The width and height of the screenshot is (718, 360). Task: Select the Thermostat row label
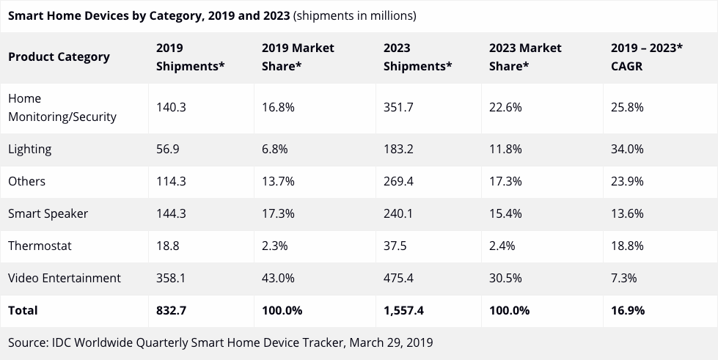40,246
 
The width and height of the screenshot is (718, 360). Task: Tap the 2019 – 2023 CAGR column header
646,56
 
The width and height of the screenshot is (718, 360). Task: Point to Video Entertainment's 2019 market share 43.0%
278,278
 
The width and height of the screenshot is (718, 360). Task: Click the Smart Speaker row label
48,213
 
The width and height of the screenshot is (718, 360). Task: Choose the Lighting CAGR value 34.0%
627,149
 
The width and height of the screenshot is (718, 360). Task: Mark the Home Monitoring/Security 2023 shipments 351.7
398,107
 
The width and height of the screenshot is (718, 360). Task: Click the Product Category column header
59,56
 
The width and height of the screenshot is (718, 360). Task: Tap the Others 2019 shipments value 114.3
171,181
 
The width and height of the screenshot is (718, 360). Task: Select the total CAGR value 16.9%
627,310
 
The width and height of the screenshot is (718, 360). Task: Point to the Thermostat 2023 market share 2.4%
502,246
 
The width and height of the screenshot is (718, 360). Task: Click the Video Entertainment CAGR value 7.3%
623,278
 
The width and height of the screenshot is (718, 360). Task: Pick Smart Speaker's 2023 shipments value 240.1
398,213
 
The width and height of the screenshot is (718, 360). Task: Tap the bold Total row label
23,310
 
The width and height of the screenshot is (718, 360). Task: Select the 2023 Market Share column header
524,56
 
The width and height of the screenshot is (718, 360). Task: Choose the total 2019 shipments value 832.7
172,310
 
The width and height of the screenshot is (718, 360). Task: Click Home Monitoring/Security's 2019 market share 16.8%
278,107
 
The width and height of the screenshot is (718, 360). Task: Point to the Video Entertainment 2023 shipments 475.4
398,278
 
